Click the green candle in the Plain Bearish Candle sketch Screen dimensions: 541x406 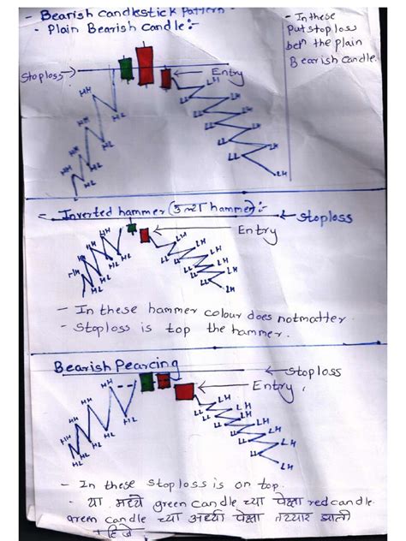[127, 68]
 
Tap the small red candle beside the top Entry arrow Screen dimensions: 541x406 [165, 78]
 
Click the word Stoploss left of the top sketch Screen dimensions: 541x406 [41, 76]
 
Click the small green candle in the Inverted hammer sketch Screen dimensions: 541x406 [132, 228]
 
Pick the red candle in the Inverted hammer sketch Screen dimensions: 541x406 [145, 235]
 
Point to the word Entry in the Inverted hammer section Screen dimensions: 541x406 [257, 231]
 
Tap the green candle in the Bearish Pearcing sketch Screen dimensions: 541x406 [146, 382]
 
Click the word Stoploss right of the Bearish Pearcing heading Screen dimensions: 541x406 [313, 372]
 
